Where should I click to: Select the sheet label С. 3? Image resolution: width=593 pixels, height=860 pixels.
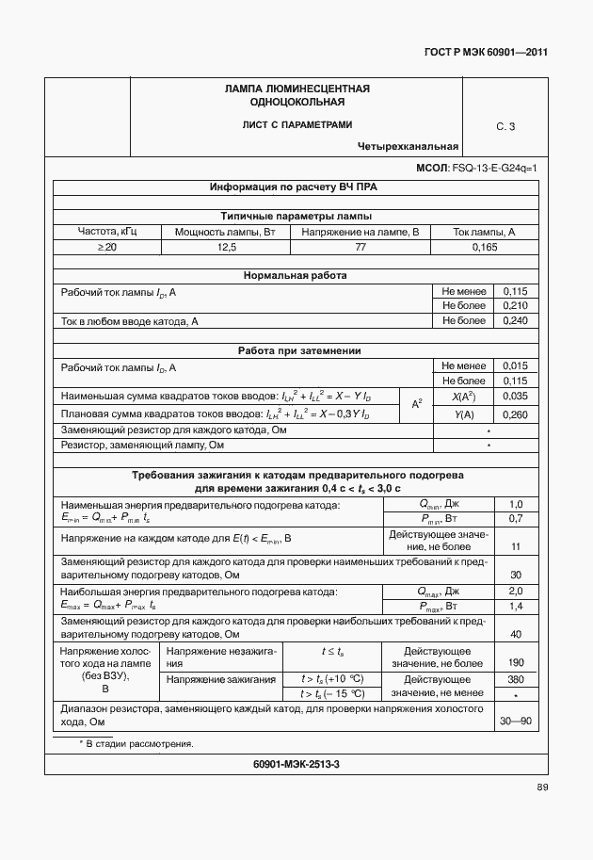coord(505,126)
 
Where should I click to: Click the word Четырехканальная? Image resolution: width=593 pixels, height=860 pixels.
coord(408,146)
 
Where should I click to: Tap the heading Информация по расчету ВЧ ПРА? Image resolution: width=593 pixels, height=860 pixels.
coord(293,187)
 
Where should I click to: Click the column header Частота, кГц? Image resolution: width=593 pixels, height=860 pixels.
coord(106,231)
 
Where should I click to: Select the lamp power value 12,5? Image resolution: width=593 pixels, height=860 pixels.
coord(227,247)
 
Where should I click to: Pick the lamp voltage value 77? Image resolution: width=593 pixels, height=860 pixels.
coord(361,247)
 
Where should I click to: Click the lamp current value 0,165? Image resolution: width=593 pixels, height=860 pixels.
coord(484,247)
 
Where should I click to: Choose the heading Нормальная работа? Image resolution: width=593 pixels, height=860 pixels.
coord(295,275)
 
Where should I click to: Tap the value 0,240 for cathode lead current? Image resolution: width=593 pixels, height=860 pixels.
coord(516,321)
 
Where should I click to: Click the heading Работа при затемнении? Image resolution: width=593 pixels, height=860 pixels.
coord(295,350)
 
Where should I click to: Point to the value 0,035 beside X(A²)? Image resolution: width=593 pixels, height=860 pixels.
coord(516,397)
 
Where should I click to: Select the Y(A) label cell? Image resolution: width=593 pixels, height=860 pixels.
coord(463,414)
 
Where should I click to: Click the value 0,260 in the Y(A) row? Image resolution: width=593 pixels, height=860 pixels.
coord(516,414)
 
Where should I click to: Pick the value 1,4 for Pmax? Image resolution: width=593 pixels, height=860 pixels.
coord(516,607)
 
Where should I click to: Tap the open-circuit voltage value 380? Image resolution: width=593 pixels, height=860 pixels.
coord(516,678)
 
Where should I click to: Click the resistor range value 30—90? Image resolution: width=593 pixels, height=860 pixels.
coord(516,722)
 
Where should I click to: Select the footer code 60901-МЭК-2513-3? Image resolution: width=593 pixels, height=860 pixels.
coord(296,764)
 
